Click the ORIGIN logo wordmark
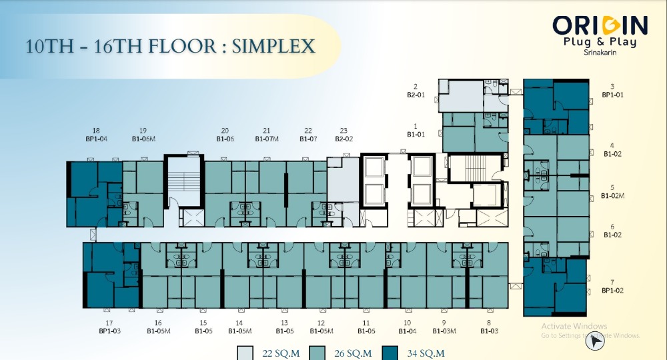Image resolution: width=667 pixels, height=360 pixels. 600,25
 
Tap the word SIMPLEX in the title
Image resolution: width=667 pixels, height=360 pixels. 273,46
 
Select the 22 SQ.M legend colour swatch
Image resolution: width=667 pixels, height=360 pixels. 245,353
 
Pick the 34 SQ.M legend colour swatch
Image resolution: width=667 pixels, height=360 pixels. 390,353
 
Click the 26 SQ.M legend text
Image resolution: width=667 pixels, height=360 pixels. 353,353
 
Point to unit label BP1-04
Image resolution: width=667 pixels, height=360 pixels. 97,139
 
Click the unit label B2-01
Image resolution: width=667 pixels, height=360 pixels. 416,95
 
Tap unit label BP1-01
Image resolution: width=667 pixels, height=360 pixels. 612,95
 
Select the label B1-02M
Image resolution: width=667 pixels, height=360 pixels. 612,196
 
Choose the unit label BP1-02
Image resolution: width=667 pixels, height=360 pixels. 612,291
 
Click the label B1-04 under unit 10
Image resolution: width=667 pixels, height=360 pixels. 408,331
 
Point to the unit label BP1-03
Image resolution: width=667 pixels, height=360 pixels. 110,331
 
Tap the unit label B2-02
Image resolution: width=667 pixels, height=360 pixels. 344,139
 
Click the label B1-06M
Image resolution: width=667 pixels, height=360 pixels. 144,139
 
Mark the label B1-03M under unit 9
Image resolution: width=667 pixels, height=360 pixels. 444,331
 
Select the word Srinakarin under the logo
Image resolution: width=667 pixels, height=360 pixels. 600,53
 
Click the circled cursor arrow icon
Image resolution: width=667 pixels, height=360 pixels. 595,341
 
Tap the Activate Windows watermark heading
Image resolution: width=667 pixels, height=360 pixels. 574,327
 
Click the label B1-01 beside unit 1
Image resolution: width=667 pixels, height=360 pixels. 416,134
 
